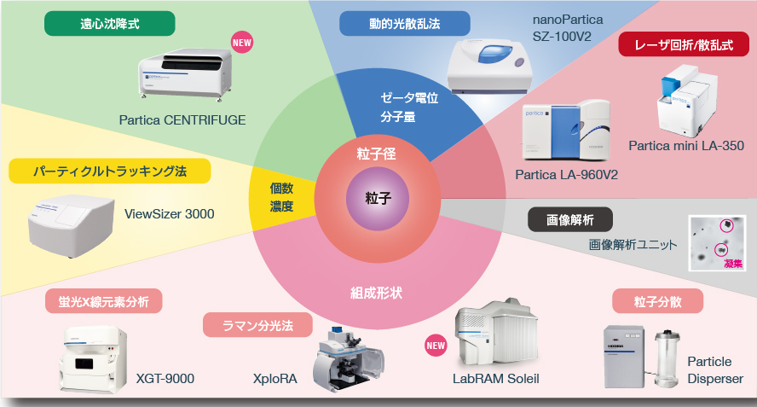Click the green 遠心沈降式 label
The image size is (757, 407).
pos(110,24)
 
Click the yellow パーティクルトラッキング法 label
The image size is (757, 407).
pos(109,172)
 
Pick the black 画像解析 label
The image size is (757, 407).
pos(570,219)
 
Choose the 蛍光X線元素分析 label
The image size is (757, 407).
pos(105,300)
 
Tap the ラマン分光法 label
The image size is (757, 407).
pos(257,325)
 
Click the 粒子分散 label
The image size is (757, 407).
pos(657,300)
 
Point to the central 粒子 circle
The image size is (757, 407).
pos(378,199)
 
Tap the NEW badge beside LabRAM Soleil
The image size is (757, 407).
pos(436,346)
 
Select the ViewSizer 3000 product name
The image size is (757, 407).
pos(170,213)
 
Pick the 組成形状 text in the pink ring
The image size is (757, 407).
pos(377,293)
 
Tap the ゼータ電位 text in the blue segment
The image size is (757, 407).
pos(409,99)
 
